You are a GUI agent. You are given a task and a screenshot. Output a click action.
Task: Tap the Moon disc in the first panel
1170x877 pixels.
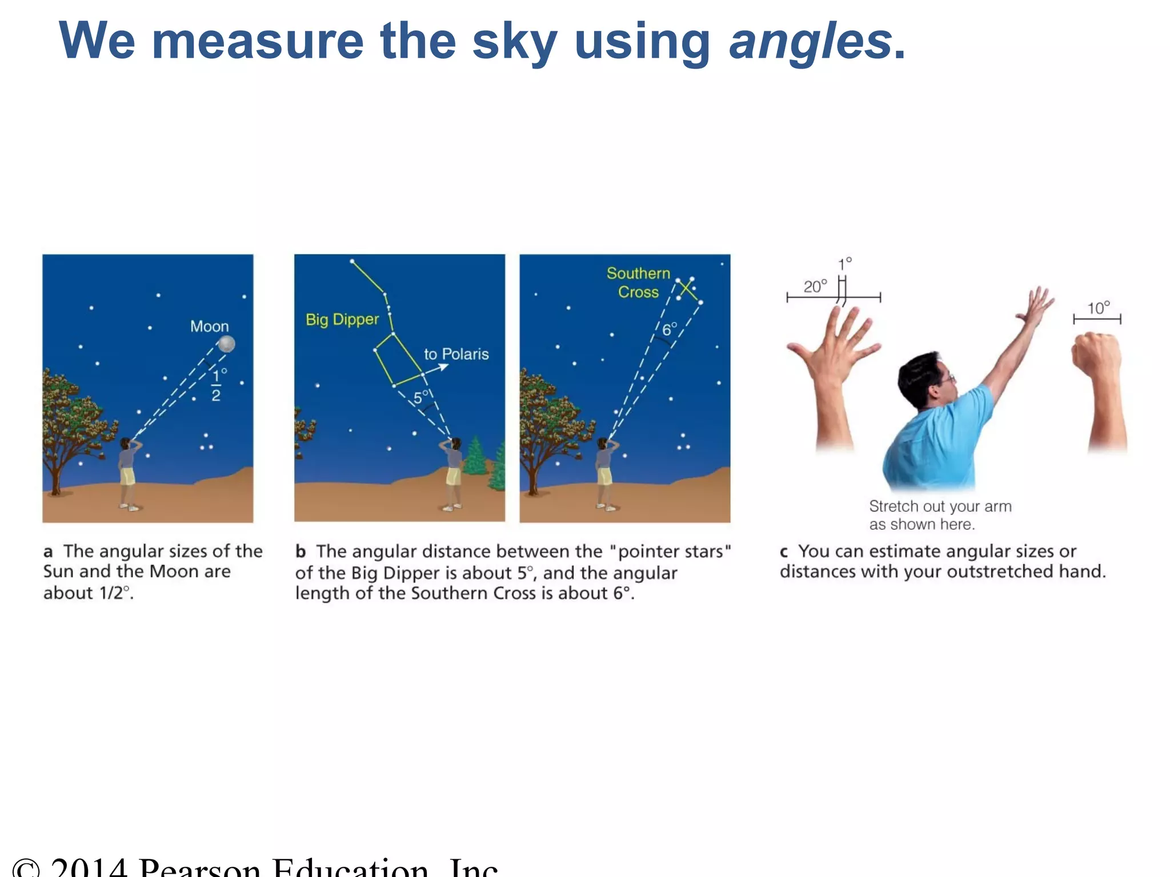pyautogui.click(x=227, y=344)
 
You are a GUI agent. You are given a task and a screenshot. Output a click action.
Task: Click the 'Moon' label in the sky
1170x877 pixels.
pyautogui.click(x=209, y=327)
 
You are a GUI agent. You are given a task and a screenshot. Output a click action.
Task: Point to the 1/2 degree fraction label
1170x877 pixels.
pyautogui.click(x=217, y=385)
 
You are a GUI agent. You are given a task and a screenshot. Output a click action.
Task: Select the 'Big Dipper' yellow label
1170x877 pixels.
pyautogui.click(x=342, y=319)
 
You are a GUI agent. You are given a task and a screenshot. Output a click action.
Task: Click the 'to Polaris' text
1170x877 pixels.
pyautogui.click(x=456, y=354)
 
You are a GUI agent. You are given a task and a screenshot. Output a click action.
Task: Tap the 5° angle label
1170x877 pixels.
pyautogui.click(x=421, y=396)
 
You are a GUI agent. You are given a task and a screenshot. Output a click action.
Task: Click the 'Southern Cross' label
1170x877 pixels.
pyautogui.click(x=638, y=283)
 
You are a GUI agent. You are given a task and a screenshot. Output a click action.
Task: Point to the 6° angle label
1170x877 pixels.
pyautogui.click(x=669, y=329)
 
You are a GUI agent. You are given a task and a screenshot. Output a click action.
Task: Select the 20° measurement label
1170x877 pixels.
pyautogui.click(x=815, y=286)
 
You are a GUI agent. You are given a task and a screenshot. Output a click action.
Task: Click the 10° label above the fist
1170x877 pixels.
pyautogui.click(x=1098, y=308)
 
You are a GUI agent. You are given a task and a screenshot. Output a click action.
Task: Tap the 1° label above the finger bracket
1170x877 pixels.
pyautogui.click(x=844, y=264)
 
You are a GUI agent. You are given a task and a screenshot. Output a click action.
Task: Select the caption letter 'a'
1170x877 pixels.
pyautogui.click(x=48, y=552)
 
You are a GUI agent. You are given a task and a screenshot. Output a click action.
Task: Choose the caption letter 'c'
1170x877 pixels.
pyautogui.click(x=784, y=552)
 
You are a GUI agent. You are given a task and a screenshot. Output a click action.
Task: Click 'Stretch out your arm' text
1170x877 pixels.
pyautogui.click(x=940, y=506)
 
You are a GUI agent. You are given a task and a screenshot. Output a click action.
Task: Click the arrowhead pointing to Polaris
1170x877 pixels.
pyautogui.click(x=443, y=367)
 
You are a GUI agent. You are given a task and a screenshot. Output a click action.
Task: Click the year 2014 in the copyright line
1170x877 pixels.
pyautogui.click(x=89, y=867)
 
